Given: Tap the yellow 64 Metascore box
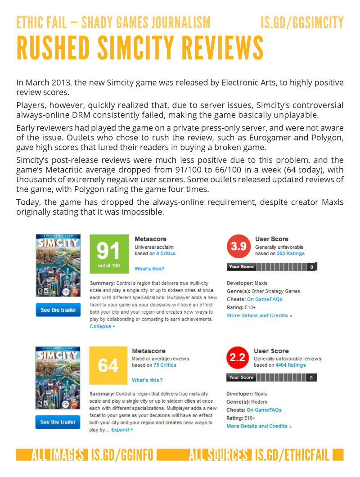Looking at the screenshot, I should [108, 365].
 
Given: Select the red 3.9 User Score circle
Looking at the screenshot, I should [238, 247].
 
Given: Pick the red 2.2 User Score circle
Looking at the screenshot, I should [237, 358].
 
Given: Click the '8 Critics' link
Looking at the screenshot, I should [166, 253].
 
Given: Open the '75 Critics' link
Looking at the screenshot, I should [165, 365].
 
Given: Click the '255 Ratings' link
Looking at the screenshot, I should [290, 253].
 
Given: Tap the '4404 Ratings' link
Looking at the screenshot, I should [290, 365].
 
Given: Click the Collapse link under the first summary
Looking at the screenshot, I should [102, 326].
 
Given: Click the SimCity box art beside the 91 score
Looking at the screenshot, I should [58, 265].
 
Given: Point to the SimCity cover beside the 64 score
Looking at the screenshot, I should [58, 378].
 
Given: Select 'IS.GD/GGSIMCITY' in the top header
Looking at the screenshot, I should [302, 22].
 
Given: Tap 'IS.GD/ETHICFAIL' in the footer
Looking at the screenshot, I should [292, 455].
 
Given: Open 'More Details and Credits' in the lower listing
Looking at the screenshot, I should [259, 426].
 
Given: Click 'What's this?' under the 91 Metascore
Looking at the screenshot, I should [149, 269].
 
